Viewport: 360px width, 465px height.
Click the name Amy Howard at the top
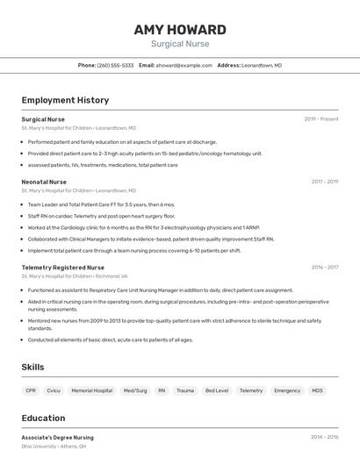180,30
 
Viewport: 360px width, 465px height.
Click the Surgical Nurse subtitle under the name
180,44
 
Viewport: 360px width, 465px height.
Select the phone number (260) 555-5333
115,65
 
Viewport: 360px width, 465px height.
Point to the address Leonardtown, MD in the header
262,65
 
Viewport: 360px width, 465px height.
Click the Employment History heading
65,100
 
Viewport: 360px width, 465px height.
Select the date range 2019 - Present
321,119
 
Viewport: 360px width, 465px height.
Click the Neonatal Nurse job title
44,182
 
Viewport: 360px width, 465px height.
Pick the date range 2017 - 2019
324,182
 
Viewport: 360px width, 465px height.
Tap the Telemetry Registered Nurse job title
62,267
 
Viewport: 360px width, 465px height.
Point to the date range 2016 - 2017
324,267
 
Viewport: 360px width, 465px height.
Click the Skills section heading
33,367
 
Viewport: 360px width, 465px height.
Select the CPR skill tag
31,390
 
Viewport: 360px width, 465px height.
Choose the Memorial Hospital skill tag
91,390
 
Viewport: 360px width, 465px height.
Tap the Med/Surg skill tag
135,390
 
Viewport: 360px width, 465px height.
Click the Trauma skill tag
185,390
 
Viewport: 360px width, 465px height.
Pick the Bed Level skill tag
216,390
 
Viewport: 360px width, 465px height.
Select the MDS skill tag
317,390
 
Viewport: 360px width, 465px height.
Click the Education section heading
43,418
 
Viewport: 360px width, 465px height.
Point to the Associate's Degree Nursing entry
57,436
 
